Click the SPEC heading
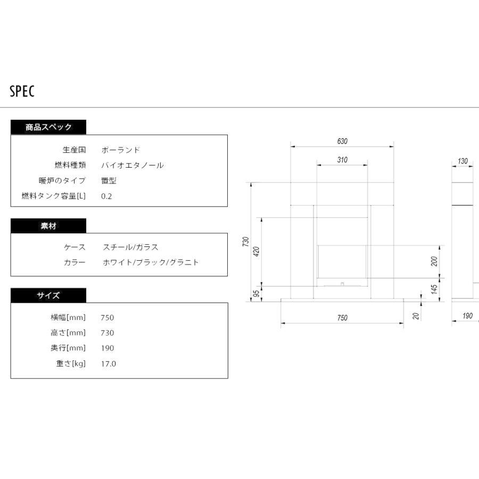click(22, 91)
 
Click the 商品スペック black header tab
click(48, 127)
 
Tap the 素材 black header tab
click(48, 226)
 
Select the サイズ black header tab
click(48, 295)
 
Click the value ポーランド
click(121, 150)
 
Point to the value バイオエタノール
click(133, 166)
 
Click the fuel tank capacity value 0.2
click(106, 196)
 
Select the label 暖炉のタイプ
click(62, 180)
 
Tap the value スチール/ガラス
click(130, 247)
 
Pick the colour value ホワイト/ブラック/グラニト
click(151, 262)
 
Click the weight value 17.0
click(109, 364)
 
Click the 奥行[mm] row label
click(68, 348)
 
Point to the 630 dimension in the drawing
click(342, 141)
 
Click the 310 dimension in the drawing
click(342, 160)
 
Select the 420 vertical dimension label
click(257, 251)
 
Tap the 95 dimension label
click(257, 293)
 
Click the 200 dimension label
click(434, 261)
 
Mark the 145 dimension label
click(434, 289)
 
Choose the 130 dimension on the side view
click(463, 161)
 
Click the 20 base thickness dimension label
click(416, 316)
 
